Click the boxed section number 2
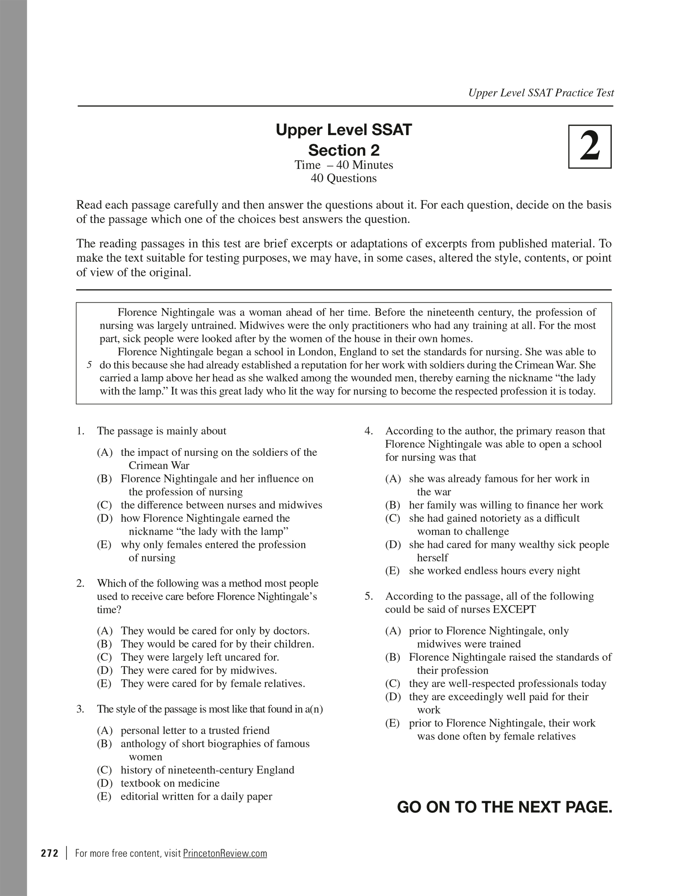(x=589, y=146)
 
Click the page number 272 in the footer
(x=50, y=853)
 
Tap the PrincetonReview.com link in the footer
(x=225, y=853)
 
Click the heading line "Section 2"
(x=344, y=150)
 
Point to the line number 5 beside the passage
(x=89, y=365)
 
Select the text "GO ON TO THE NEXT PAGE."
(x=504, y=807)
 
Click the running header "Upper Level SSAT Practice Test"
(x=541, y=93)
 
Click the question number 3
(x=80, y=709)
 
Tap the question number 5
(x=369, y=596)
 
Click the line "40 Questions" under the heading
(x=344, y=178)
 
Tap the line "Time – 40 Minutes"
(x=344, y=165)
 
